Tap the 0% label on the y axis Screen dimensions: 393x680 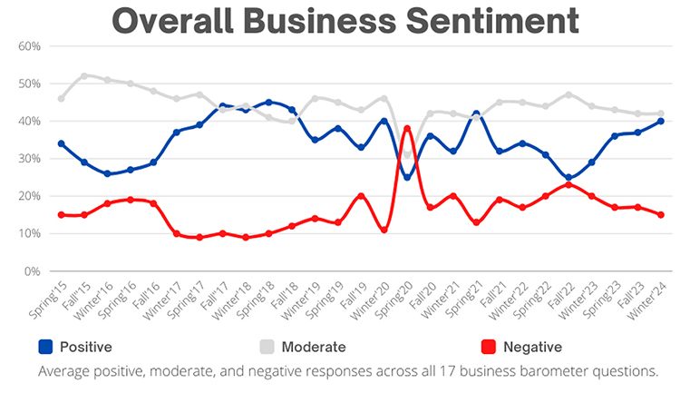(32, 271)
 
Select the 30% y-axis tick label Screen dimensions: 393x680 (29, 159)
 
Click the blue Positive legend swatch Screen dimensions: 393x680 (45, 347)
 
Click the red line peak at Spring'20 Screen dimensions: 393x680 (408, 128)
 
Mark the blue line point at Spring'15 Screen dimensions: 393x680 (61, 143)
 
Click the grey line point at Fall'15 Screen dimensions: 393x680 (84, 76)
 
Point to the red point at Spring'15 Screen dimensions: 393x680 (61, 215)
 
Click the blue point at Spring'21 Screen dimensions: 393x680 (477, 113)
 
